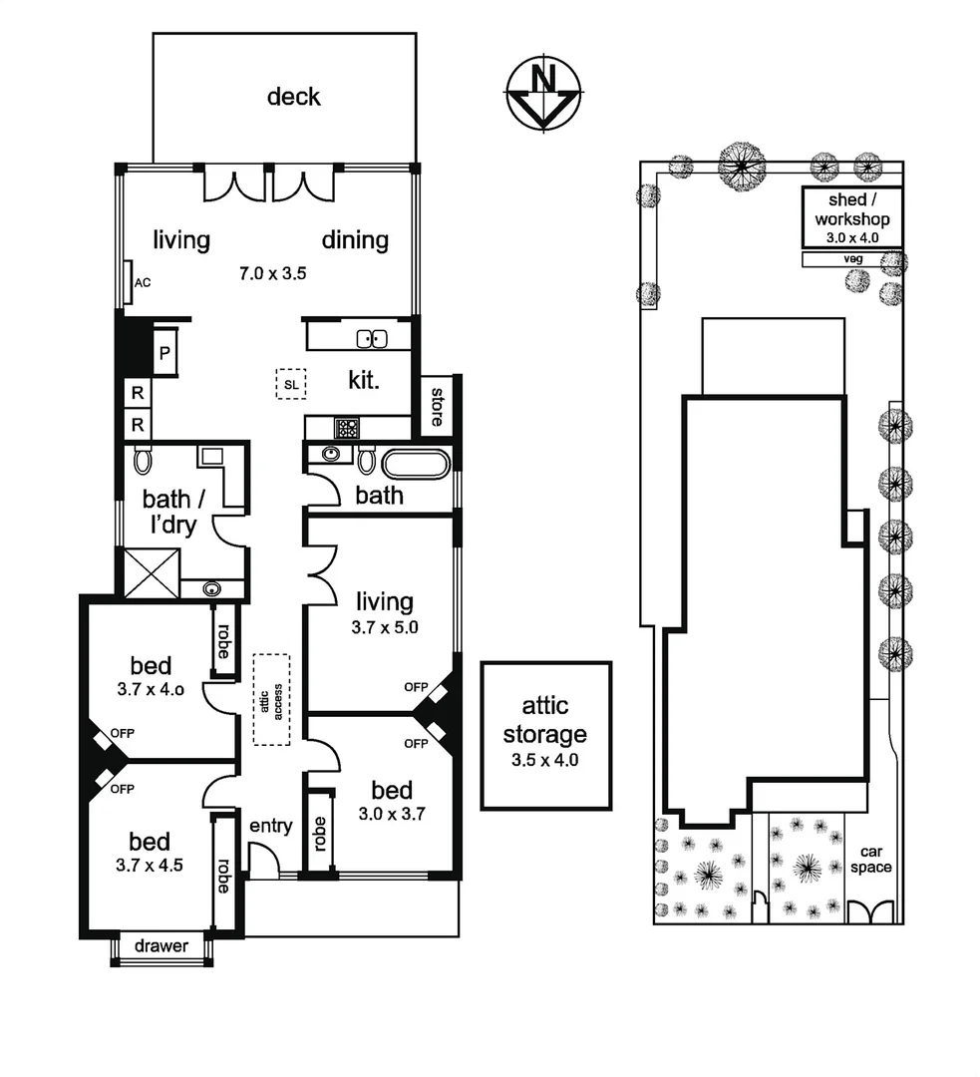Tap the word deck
[x=294, y=97]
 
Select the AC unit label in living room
[x=143, y=282]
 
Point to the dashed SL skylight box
[x=291, y=384]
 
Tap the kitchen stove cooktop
[x=347, y=429]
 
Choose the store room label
[x=436, y=404]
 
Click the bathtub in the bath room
[x=416, y=464]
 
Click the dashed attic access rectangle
[x=271, y=698]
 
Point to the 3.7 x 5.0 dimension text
[x=384, y=628]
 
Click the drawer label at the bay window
[x=162, y=945]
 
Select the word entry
[x=270, y=826]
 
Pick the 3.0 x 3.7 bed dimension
[x=393, y=813]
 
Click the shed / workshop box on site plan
[x=852, y=217]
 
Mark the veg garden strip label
[x=852, y=259]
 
